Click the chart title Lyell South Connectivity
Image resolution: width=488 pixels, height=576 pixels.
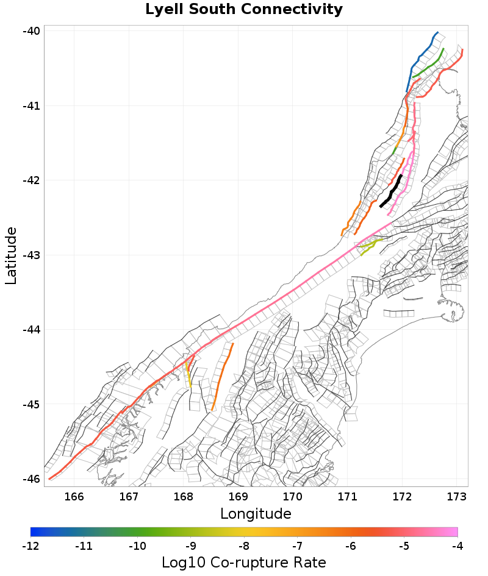[x=244, y=10]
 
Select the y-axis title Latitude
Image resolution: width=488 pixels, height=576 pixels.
[x=11, y=255]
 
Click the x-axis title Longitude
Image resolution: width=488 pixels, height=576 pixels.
[x=256, y=514]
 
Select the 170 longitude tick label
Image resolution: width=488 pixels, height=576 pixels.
[x=293, y=496]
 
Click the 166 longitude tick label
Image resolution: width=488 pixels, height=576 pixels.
[x=74, y=496]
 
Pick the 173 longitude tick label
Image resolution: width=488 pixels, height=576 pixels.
[x=457, y=496]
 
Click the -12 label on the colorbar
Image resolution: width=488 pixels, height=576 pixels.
[x=30, y=546]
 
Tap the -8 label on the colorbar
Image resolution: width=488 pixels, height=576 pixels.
[x=244, y=546]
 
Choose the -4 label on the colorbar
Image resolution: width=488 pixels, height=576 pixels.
[x=457, y=546]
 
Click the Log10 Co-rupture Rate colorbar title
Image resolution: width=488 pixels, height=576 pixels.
[x=244, y=563]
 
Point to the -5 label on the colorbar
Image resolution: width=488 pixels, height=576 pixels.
[x=404, y=546]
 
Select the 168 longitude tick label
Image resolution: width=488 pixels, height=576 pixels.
[x=184, y=496]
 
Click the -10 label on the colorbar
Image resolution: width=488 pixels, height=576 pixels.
[x=137, y=546]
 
